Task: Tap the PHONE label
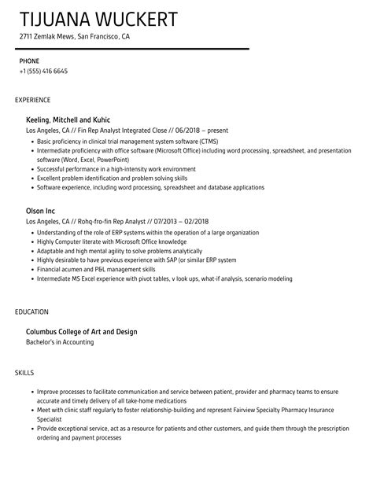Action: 29,60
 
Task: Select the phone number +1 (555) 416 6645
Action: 43,71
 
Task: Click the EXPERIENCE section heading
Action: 33,100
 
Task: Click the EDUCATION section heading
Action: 32,312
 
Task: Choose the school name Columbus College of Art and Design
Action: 82,332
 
